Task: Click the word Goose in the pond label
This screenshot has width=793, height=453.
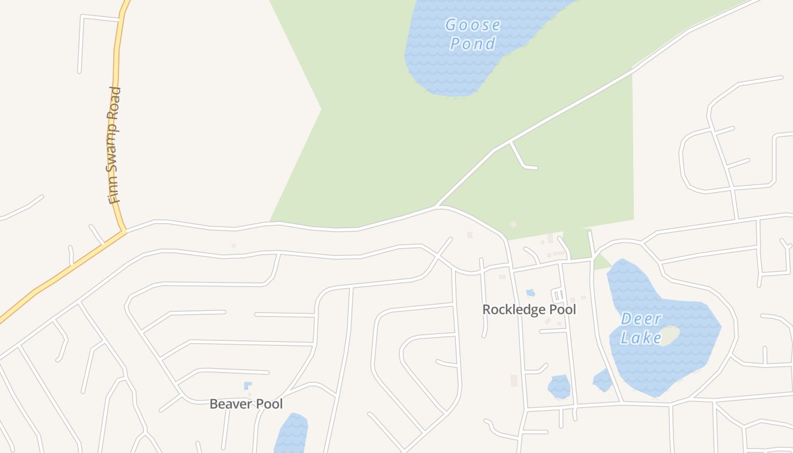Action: [472, 25]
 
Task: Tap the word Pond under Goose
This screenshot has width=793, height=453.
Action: [472, 44]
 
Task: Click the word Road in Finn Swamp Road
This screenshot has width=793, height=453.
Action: [116, 102]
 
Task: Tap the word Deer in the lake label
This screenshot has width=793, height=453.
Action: [641, 319]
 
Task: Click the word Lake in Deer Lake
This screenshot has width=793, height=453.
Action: [641, 338]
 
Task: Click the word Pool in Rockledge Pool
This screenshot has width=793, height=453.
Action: [562, 310]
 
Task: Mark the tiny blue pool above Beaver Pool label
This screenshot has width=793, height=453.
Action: [248, 386]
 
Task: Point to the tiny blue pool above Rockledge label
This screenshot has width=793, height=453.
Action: [530, 293]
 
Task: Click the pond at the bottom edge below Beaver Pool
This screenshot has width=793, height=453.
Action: [292, 434]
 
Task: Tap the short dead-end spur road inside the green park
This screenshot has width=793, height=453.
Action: [522, 159]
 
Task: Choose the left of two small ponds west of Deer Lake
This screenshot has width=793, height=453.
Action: [559, 387]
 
